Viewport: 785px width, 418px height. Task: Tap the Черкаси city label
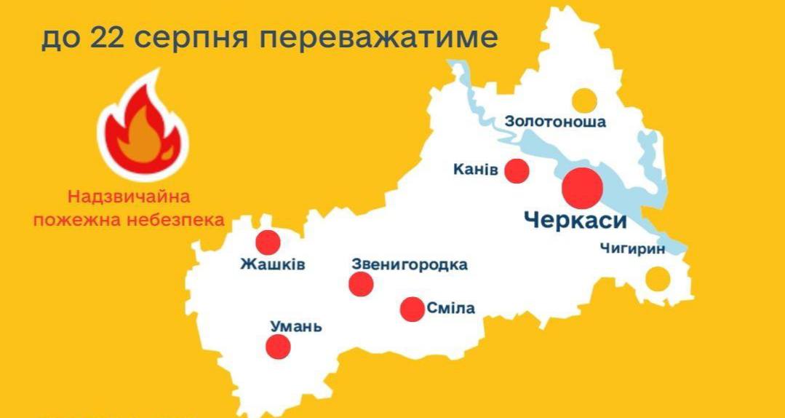[575, 221]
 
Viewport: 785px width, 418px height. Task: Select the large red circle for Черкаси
[583, 187]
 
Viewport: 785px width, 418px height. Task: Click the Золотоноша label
[554, 122]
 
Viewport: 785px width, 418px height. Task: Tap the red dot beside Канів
[517, 170]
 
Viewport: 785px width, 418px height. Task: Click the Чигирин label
[632, 249]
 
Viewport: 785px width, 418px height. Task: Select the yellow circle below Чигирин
[658, 278]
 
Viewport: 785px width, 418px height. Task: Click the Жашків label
[273, 264]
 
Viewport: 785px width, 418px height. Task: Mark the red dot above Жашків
[268, 242]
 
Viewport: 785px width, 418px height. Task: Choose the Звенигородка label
[409, 264]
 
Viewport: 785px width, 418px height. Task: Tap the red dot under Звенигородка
[361, 284]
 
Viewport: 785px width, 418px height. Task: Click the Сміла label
[451, 309]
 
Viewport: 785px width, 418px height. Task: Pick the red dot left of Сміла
[413, 309]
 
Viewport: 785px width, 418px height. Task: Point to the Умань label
[295, 326]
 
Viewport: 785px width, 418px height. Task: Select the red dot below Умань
[278, 347]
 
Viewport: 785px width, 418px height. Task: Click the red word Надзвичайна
[129, 196]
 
